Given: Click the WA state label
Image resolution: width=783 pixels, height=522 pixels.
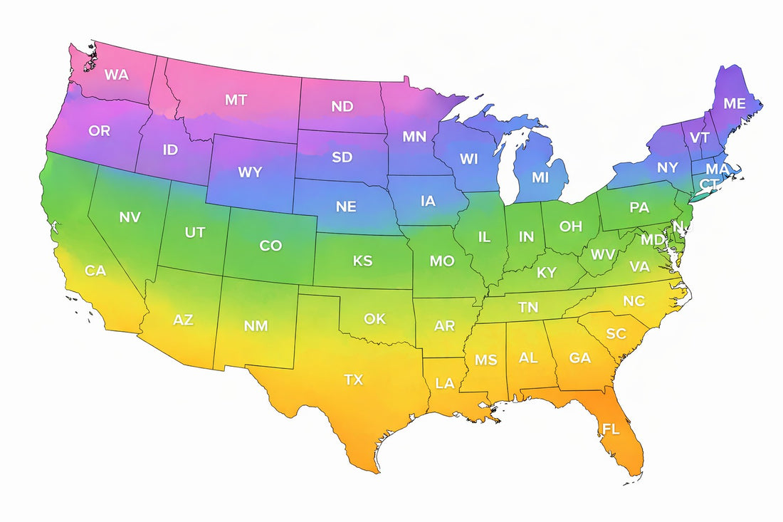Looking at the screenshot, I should (116, 74).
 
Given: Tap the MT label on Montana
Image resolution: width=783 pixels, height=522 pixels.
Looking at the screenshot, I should (236, 100).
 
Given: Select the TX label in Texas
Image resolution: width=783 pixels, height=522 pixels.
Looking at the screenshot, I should (354, 380).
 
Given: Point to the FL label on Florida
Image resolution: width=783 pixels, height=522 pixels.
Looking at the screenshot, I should (611, 429).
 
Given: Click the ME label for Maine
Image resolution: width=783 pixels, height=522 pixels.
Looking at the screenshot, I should (735, 103).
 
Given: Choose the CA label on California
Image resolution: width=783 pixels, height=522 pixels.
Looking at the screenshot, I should (95, 271).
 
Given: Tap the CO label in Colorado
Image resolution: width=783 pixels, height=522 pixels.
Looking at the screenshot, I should (270, 246).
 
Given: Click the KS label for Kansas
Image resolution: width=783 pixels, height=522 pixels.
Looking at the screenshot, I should (362, 261).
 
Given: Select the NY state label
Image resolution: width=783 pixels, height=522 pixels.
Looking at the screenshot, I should (668, 168).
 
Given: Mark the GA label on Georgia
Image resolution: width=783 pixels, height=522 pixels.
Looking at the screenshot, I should (580, 358).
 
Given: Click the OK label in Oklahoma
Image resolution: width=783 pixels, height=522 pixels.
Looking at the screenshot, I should (374, 318).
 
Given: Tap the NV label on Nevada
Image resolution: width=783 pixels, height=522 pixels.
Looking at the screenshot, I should (130, 217).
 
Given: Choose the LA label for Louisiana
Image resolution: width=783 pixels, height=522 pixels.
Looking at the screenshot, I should (445, 383).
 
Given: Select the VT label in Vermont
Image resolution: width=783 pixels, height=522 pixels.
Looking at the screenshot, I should (700, 138).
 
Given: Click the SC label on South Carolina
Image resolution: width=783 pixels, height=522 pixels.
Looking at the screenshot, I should (616, 334).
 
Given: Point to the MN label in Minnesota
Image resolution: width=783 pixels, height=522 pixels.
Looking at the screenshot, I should (414, 136).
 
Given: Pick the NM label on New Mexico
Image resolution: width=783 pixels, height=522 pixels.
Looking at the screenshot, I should (256, 325).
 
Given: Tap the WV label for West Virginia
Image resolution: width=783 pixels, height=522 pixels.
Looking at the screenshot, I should (603, 254).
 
